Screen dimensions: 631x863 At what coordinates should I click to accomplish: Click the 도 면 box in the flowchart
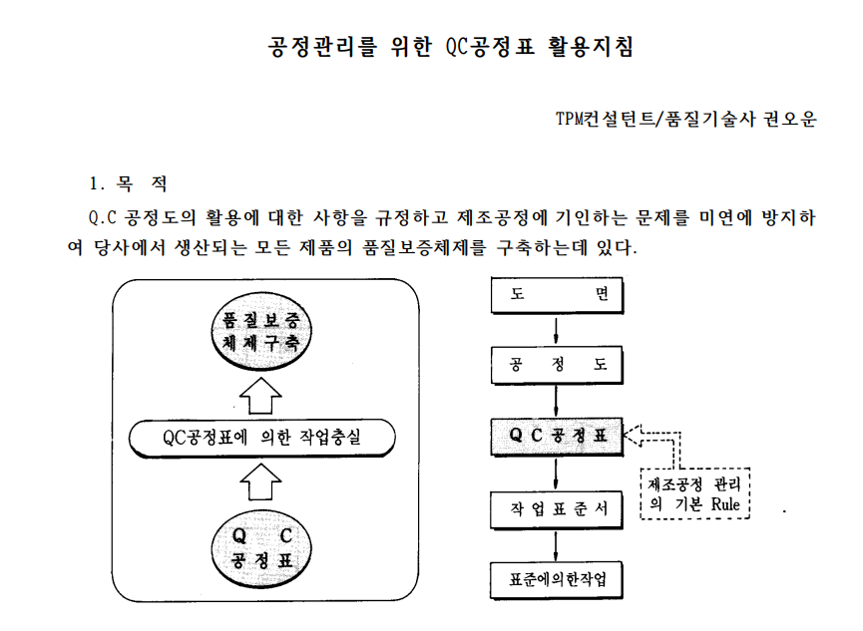(x=557, y=295)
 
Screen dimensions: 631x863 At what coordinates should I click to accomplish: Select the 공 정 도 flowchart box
(x=557, y=365)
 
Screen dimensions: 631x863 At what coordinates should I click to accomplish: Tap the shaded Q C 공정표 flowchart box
(x=557, y=436)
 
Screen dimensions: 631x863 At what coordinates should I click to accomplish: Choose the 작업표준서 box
(x=557, y=507)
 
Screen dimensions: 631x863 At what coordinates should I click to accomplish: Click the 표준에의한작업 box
(x=557, y=579)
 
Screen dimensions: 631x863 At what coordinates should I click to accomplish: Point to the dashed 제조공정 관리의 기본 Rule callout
(x=696, y=492)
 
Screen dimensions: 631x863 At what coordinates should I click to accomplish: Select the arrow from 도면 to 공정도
(x=557, y=330)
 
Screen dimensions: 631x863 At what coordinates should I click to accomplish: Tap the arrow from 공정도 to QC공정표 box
(x=557, y=401)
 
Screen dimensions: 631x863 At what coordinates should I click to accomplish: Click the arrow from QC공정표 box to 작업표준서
(x=557, y=472)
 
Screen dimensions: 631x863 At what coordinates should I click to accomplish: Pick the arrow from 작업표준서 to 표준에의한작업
(x=557, y=543)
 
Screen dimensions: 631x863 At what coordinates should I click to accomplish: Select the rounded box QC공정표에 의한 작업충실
(x=263, y=437)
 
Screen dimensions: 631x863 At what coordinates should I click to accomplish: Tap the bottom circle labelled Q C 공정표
(x=263, y=548)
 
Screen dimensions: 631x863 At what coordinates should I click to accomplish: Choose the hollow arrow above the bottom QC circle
(x=263, y=484)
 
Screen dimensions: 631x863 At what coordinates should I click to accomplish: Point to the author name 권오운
(x=790, y=119)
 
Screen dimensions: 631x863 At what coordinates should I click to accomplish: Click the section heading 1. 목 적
(x=128, y=184)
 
